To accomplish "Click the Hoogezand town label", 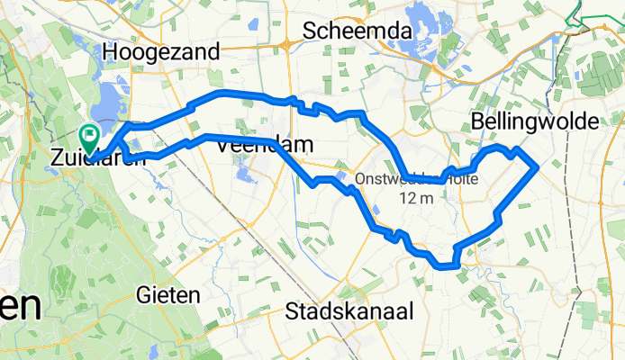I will point(162,53).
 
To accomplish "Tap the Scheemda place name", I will point(358,31).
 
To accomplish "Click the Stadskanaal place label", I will point(349,312).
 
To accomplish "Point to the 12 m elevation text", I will point(417,197).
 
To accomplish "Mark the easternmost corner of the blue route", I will point(538,166).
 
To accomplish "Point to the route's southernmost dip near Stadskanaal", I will point(443,265).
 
